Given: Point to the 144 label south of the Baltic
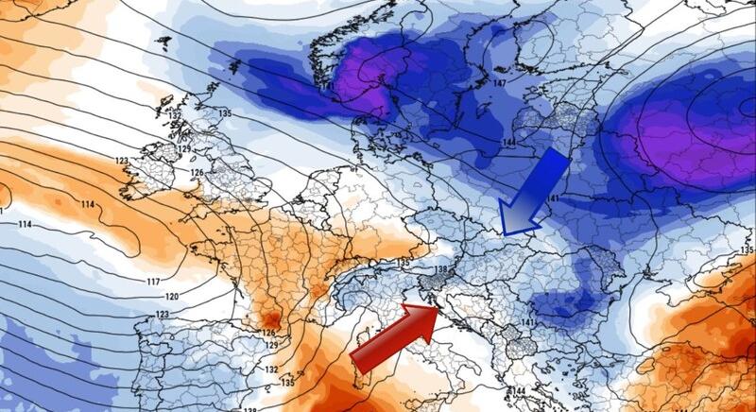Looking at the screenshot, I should (x=508, y=142).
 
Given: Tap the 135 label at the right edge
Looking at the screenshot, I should (x=747, y=250).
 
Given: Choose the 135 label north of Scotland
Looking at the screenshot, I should (x=224, y=113).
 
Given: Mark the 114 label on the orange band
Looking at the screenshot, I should (x=88, y=205).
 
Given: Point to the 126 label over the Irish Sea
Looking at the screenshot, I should (x=197, y=173).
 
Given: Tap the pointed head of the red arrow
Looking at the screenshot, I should (x=437, y=307).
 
